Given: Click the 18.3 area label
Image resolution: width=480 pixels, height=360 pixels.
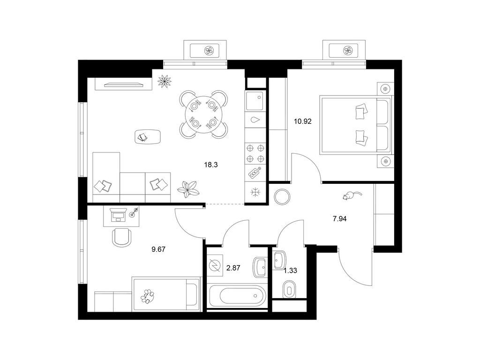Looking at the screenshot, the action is [x=211, y=165].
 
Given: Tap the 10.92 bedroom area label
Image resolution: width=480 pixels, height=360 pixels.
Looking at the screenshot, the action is [x=302, y=121].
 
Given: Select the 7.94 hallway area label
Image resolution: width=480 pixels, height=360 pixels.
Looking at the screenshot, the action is [x=339, y=218].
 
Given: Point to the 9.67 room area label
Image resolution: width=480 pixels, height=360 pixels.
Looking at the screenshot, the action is [x=158, y=249].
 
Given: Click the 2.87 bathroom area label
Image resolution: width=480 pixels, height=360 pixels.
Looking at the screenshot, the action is [x=233, y=268].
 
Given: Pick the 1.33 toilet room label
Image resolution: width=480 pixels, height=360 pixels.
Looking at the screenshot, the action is [x=290, y=270].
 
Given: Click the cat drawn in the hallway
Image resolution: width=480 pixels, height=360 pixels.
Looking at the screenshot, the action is [x=352, y=195].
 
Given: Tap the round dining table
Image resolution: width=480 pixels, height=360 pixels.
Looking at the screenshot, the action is [x=203, y=114].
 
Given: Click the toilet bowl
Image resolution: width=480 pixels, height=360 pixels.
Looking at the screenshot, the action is [x=289, y=289].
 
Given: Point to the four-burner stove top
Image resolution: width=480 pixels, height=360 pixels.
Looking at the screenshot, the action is [x=255, y=153].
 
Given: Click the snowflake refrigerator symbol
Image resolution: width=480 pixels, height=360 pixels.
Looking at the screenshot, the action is [x=255, y=193].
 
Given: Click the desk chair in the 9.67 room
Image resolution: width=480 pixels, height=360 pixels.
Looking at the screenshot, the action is [x=121, y=237].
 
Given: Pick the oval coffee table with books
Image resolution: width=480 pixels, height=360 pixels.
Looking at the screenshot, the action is [x=148, y=136].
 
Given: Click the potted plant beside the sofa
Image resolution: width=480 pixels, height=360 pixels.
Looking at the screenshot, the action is [x=188, y=190].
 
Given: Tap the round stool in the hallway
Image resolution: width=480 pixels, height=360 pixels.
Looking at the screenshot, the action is [x=282, y=197].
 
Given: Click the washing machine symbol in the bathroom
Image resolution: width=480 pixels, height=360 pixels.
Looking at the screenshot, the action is [x=215, y=265].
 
